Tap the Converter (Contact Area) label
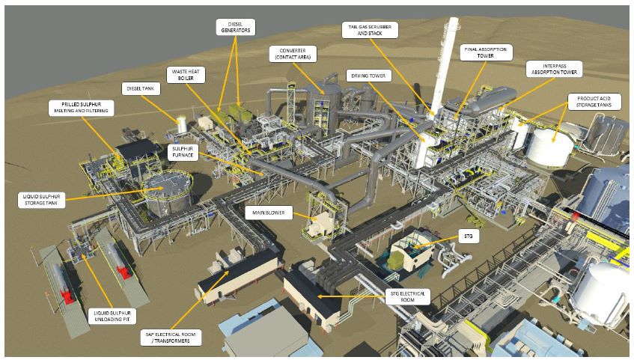point(293,53)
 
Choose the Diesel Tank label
point(140,88)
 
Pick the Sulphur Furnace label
point(183,153)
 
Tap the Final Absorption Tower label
point(485,52)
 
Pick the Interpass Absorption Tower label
point(554,68)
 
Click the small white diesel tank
point(181,123)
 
